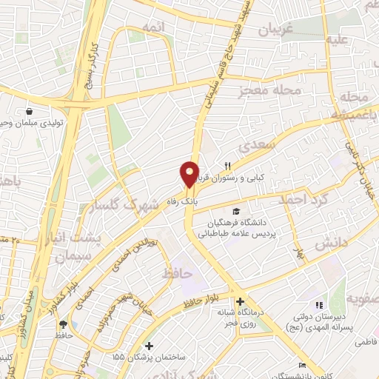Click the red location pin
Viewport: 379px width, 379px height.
[190, 173]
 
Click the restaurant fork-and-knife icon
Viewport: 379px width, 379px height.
[229, 166]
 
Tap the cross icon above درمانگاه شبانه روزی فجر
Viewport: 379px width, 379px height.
[240, 301]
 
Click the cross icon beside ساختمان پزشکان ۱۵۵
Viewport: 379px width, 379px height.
[150, 346]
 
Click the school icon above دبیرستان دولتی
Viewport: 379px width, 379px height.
[319, 305]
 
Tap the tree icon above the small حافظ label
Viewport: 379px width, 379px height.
[63, 324]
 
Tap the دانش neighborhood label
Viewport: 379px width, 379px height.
[326, 244]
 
